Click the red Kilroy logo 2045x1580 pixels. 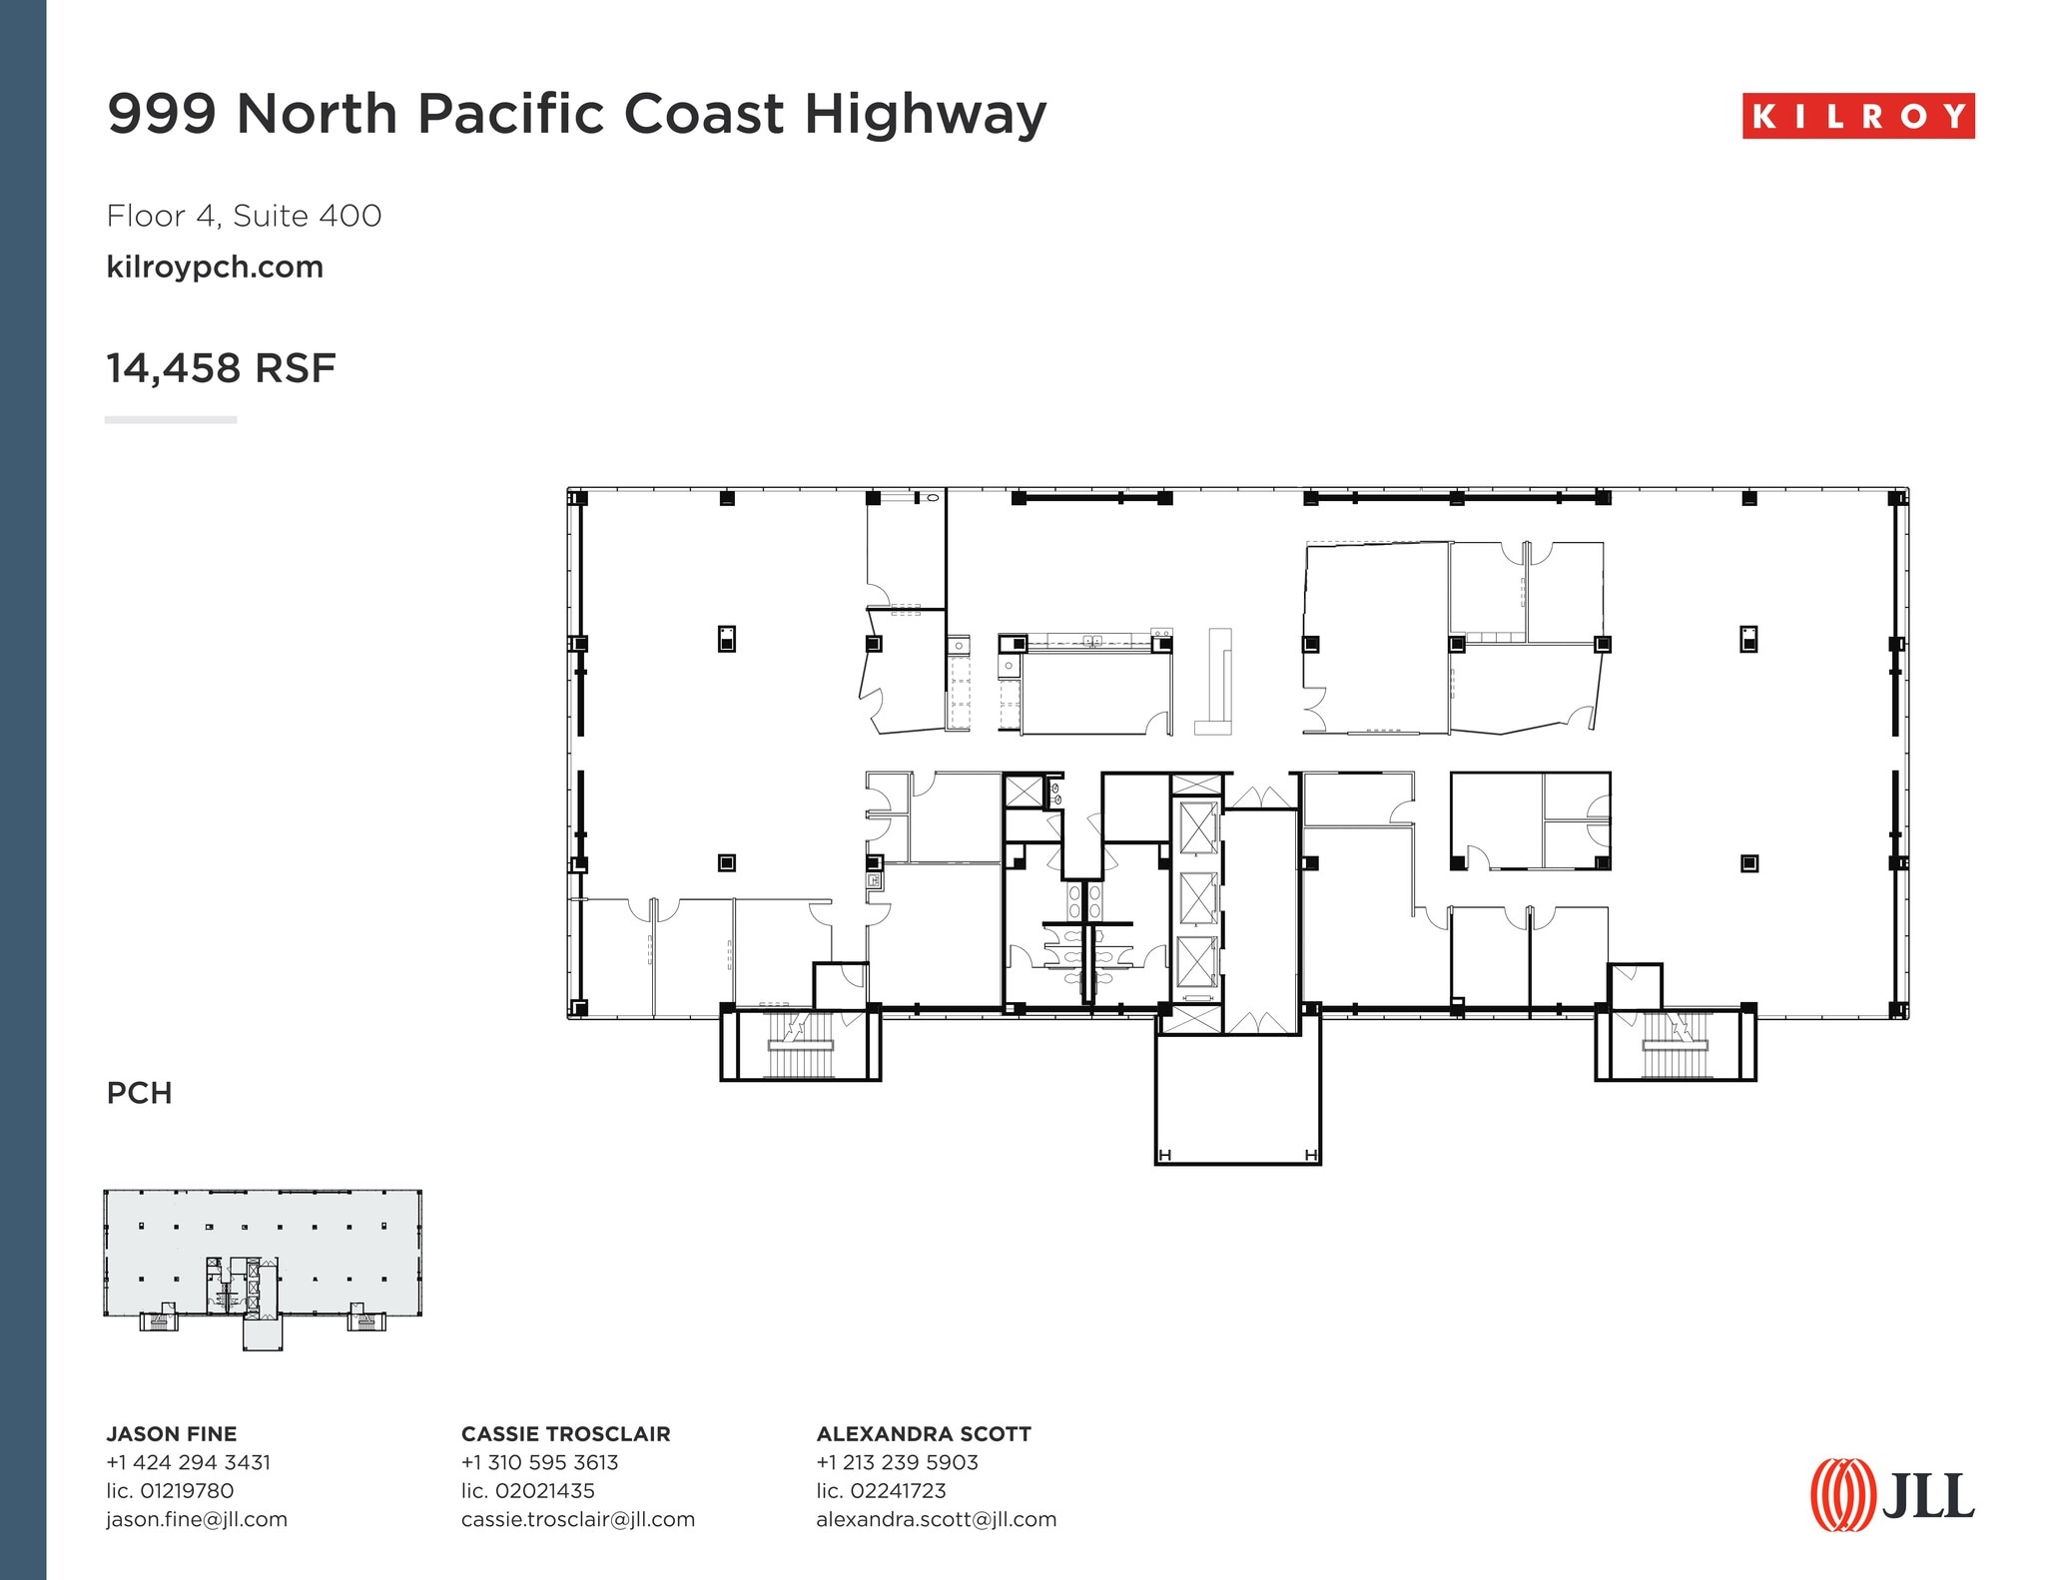tap(1858, 116)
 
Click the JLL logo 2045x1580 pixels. tap(1892, 1494)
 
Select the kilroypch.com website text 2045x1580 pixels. tap(215, 267)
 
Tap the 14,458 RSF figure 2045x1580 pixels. tap(221, 368)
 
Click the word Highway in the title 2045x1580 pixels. tap(926, 114)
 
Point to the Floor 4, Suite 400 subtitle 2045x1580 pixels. tap(244, 216)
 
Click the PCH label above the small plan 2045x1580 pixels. tap(139, 1093)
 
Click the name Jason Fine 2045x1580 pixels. tap(172, 1434)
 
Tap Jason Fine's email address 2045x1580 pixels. tap(197, 1519)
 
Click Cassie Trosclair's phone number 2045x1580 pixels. tap(539, 1462)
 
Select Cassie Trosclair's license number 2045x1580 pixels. tap(527, 1491)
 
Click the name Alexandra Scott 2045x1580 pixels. tap(924, 1434)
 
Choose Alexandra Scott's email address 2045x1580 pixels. tap(936, 1519)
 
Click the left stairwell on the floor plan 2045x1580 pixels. tap(800, 1044)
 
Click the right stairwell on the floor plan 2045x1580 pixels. tap(1675, 1044)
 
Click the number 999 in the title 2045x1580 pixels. tap(162, 114)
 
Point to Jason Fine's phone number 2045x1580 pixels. tap(189, 1462)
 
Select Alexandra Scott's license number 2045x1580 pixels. tap(881, 1491)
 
